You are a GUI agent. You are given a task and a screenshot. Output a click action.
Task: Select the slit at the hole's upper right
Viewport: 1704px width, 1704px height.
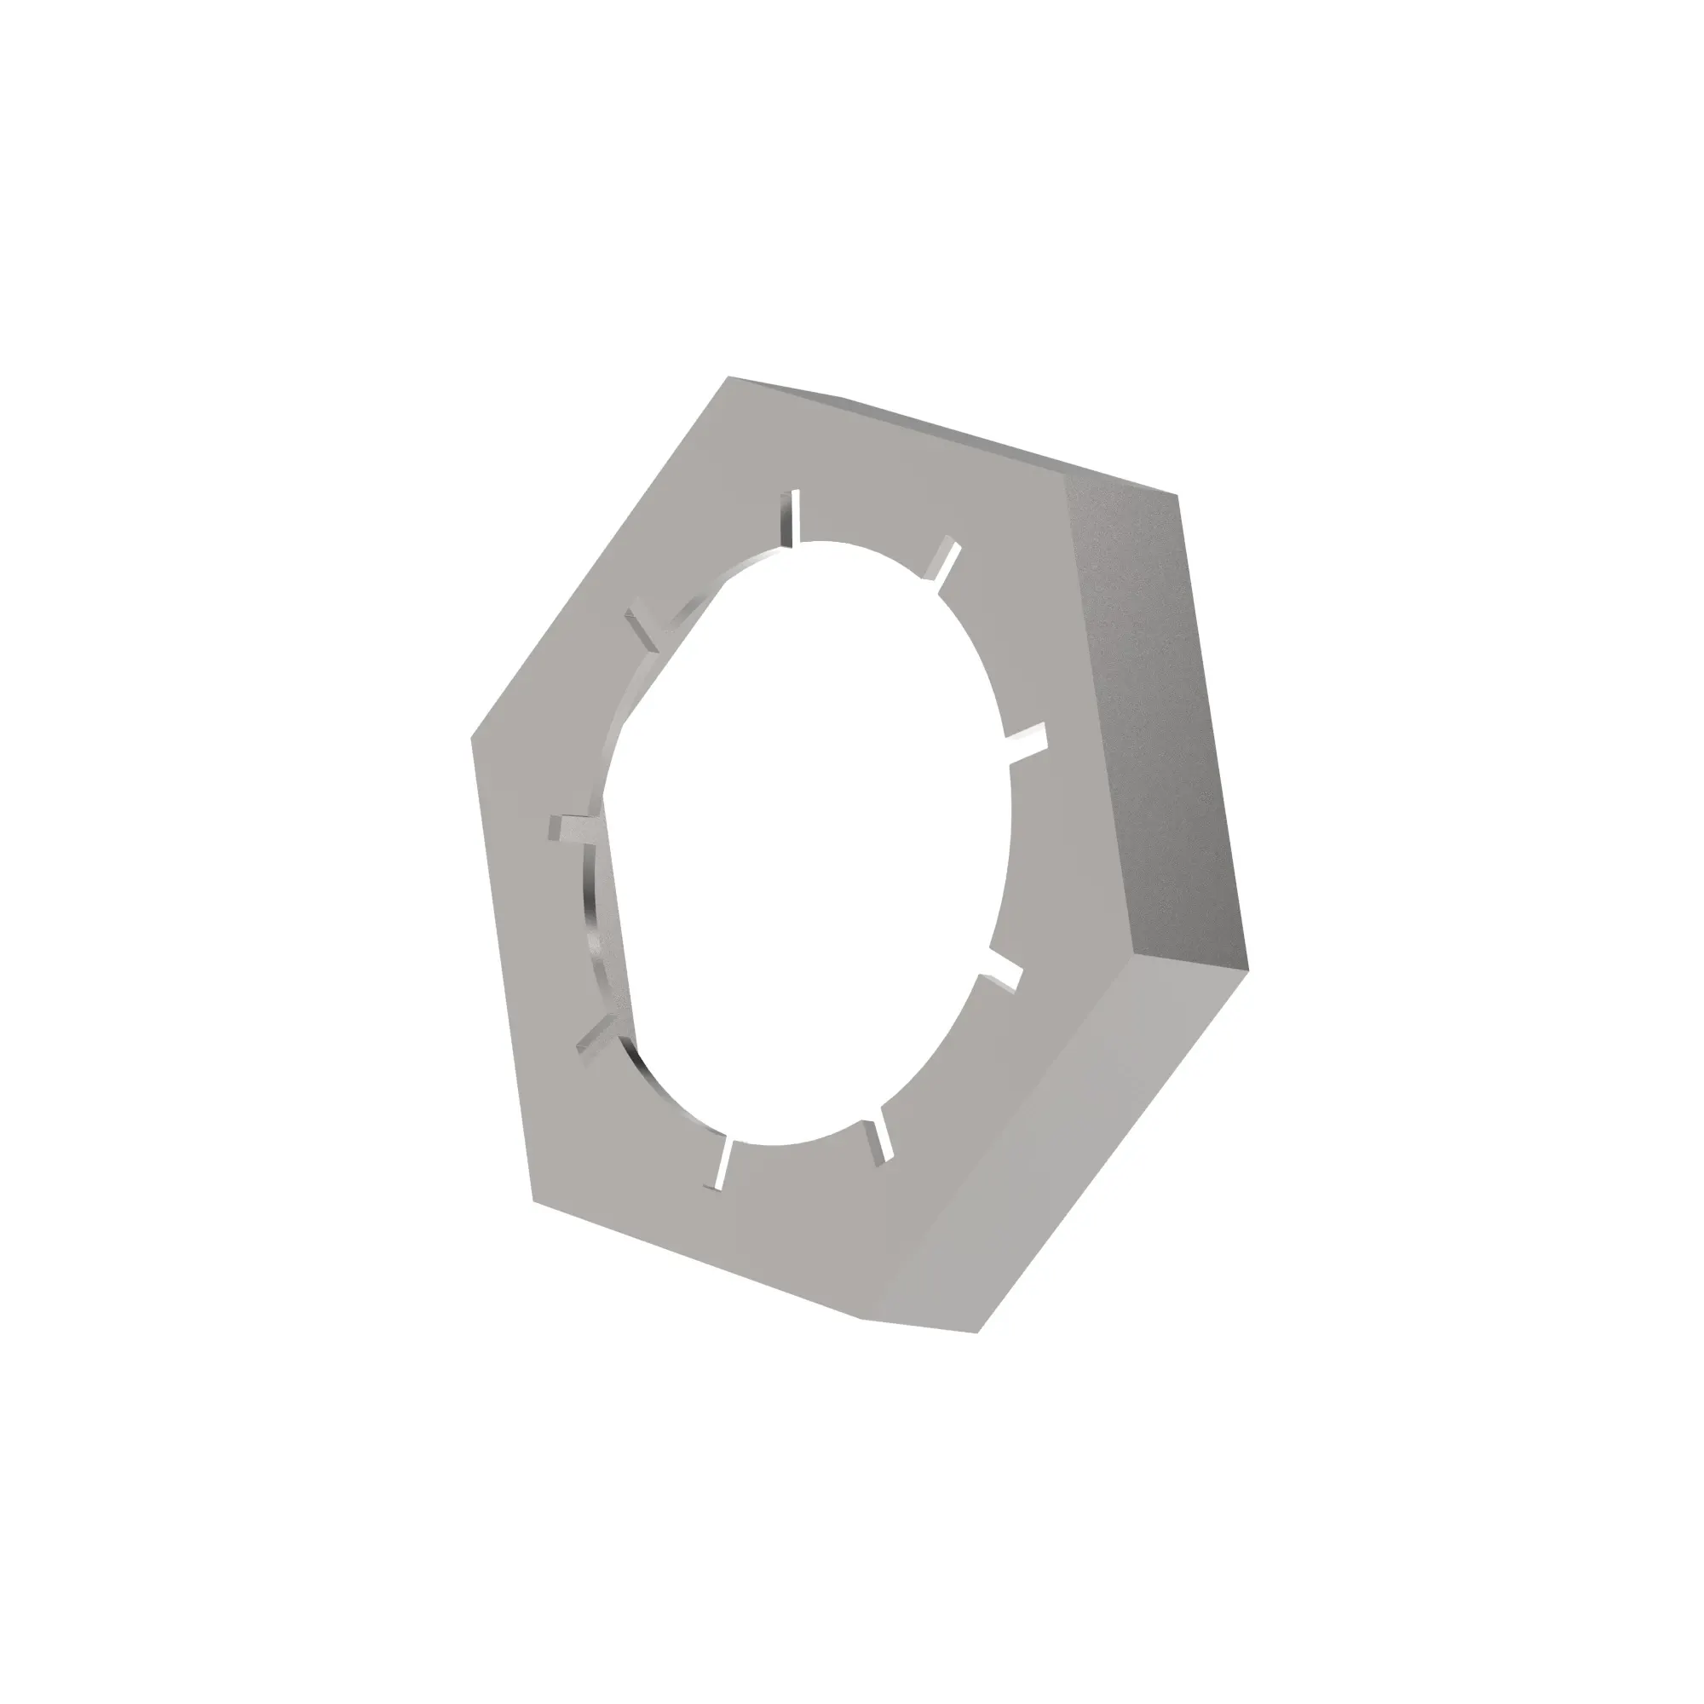click(x=941, y=559)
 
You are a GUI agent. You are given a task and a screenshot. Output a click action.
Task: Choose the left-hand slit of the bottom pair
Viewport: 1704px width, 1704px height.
click(x=721, y=1164)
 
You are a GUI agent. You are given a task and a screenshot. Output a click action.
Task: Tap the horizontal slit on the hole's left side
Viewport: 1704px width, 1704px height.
click(x=573, y=827)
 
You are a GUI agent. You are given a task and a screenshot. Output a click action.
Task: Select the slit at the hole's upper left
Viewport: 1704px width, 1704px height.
click(x=646, y=628)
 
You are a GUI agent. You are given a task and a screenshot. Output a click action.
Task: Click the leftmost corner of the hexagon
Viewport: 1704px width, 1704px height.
click(x=472, y=736)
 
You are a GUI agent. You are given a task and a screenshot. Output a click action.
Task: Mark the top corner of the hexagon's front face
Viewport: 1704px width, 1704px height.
click(x=728, y=377)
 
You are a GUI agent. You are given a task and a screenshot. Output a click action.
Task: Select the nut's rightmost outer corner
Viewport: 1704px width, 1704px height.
click(x=1248, y=973)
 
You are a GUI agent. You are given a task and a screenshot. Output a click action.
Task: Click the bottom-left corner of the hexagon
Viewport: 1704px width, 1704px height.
click(x=533, y=1201)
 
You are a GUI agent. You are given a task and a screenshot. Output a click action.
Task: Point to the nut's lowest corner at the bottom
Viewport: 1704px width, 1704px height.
click(x=977, y=1332)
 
